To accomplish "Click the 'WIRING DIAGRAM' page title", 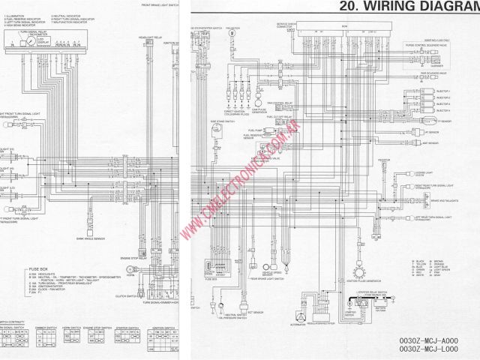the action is pyautogui.click(x=409, y=7).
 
